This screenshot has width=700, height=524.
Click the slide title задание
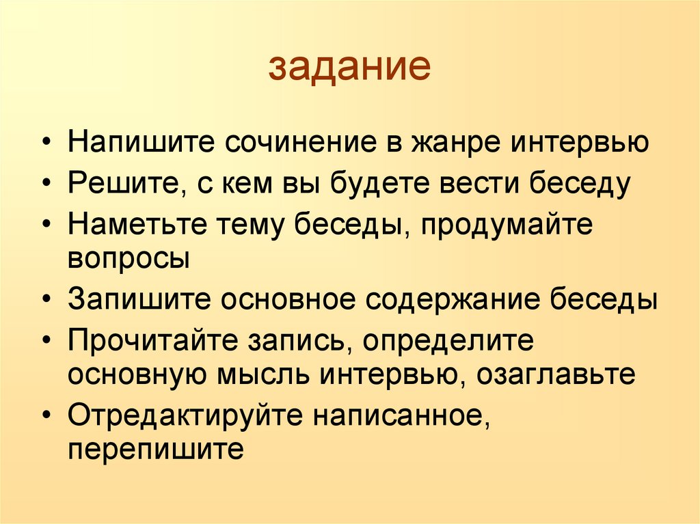coord(349,68)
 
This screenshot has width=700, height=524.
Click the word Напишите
coord(138,144)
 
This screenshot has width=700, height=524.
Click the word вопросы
coord(129,259)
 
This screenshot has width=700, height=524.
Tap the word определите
coord(448,342)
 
